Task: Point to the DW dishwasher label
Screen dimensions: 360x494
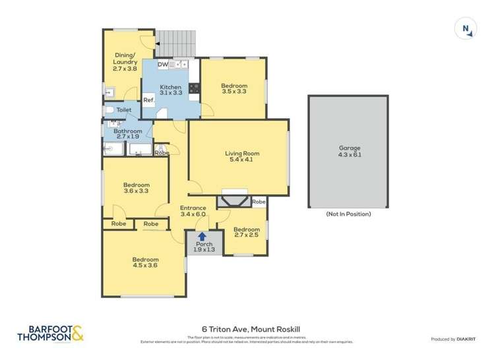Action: pyautogui.click(x=163, y=65)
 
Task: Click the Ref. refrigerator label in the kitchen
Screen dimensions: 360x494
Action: pyautogui.click(x=149, y=100)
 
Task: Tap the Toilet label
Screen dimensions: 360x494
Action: pyautogui.click(x=124, y=110)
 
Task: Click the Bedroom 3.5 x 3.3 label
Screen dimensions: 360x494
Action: pyautogui.click(x=233, y=90)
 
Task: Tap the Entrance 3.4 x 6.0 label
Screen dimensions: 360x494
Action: pyautogui.click(x=193, y=211)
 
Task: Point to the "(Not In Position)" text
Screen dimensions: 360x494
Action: pyautogui.click(x=348, y=214)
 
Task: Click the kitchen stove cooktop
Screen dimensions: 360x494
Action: pyautogui.click(x=195, y=88)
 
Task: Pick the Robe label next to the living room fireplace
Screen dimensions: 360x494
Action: pyautogui.click(x=259, y=202)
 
